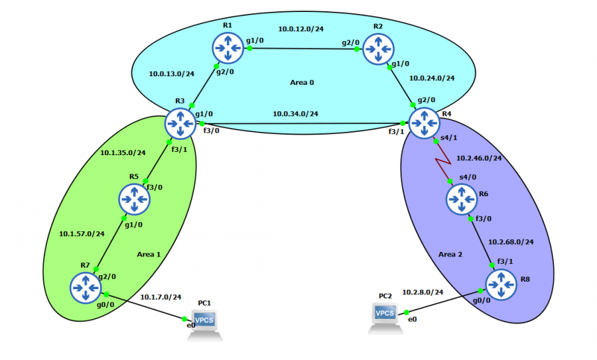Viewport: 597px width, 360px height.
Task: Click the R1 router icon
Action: click(x=229, y=48)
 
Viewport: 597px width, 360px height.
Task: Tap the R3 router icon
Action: click(x=180, y=123)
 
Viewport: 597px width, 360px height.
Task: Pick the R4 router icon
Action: click(x=423, y=123)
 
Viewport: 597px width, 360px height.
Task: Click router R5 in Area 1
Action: click(x=135, y=198)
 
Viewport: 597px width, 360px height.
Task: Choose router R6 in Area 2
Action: click(x=461, y=198)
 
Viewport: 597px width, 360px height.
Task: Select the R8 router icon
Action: click(x=501, y=285)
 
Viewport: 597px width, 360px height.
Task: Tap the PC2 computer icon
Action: click(x=385, y=317)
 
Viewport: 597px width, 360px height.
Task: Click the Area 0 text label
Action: click(x=302, y=83)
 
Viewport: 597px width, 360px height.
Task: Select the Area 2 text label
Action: click(x=451, y=254)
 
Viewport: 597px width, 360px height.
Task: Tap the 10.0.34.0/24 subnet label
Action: click(x=296, y=113)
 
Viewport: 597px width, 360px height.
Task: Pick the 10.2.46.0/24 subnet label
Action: click(x=479, y=158)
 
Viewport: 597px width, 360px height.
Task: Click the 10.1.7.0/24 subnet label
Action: click(x=161, y=297)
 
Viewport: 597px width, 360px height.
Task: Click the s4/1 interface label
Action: click(x=450, y=139)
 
